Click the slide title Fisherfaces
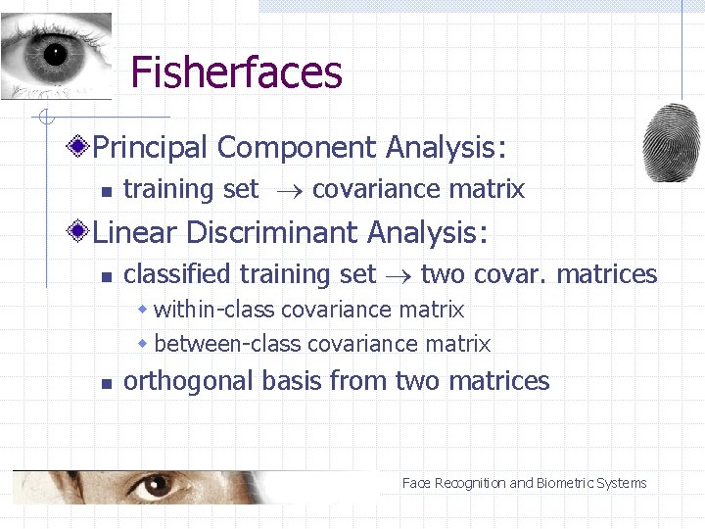pyautogui.click(x=236, y=72)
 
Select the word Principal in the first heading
pyautogui.click(x=151, y=148)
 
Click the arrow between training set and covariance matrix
pyautogui.click(x=286, y=190)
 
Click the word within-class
pyautogui.click(x=215, y=311)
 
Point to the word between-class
pyautogui.click(x=228, y=344)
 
